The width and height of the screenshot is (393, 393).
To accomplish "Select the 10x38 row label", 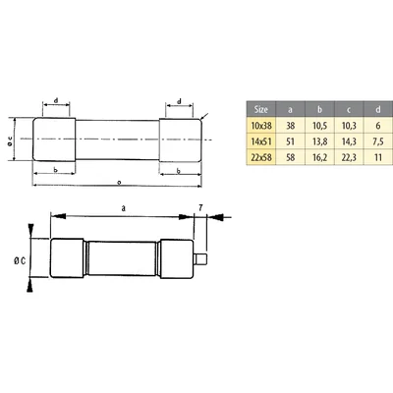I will (260, 128).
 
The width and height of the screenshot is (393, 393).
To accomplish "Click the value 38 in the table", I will (289, 128).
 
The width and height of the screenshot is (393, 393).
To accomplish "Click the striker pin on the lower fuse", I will (201, 260).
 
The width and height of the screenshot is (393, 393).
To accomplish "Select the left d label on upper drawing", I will (57, 99).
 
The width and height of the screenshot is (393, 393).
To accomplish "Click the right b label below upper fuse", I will (178, 171).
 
